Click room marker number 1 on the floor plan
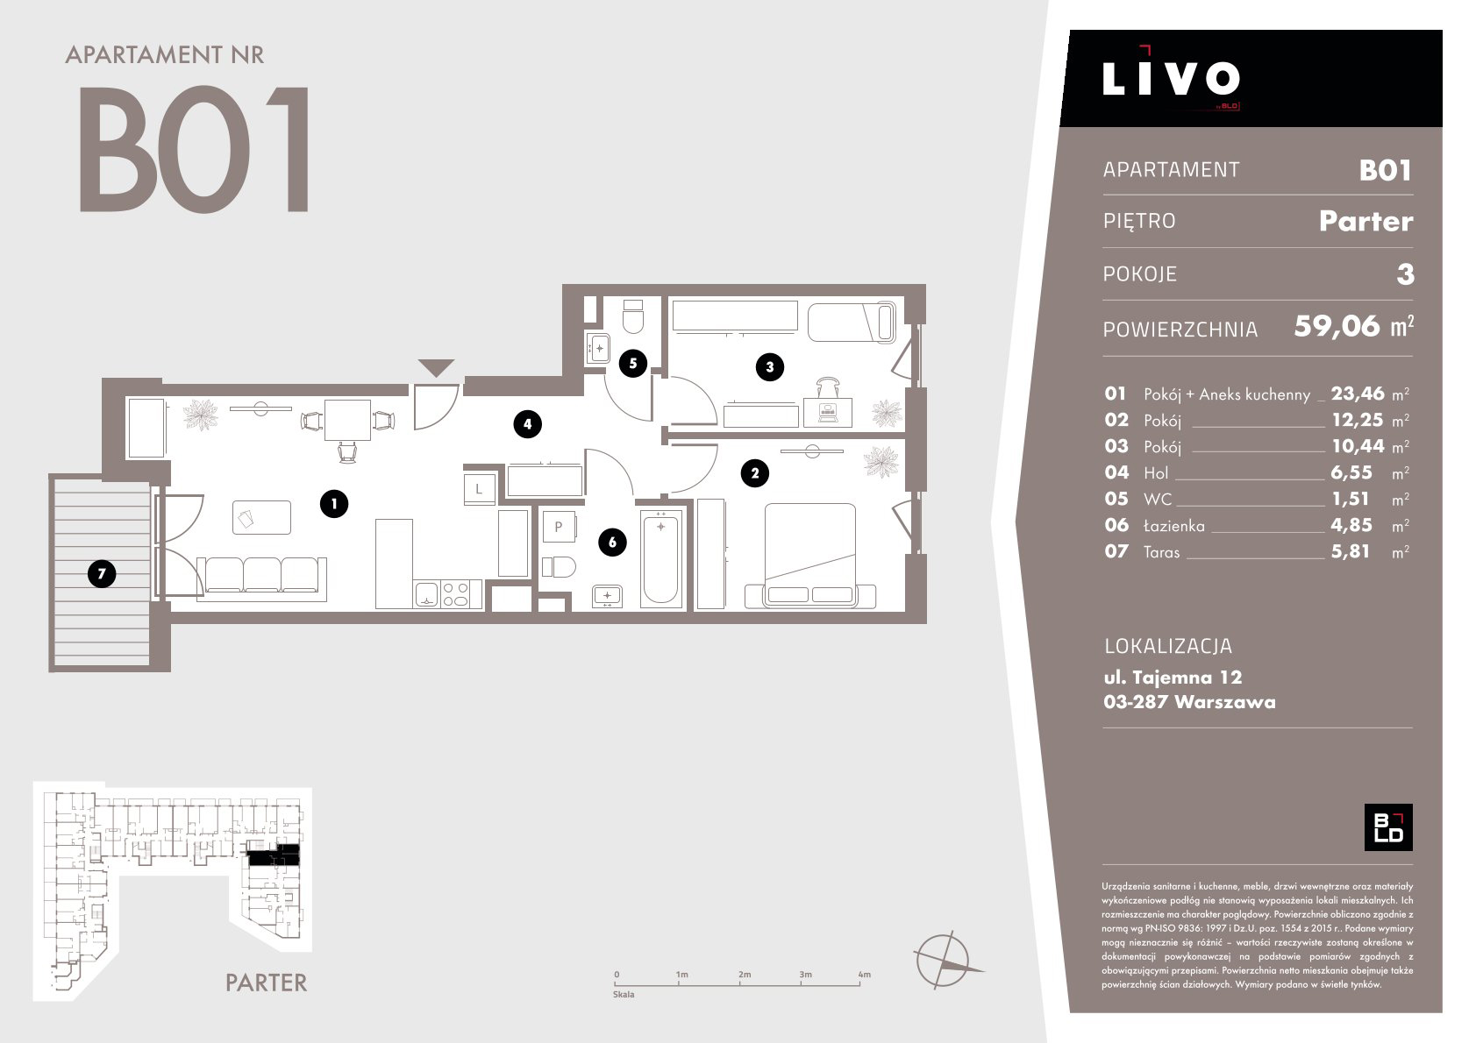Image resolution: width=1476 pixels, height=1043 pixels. (334, 504)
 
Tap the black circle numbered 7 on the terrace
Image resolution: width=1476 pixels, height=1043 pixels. (102, 574)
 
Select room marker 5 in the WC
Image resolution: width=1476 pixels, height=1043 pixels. (632, 364)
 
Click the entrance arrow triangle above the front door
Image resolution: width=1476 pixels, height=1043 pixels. (436, 366)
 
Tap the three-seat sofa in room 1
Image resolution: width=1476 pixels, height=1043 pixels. (262, 578)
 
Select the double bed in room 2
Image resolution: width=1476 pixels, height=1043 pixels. (810, 555)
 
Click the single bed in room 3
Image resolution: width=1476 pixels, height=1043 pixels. (852, 322)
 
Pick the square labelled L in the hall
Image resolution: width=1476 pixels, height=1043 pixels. (479, 489)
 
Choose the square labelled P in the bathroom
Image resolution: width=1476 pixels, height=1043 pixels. (559, 527)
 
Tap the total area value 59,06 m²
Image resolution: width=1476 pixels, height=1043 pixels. (1353, 327)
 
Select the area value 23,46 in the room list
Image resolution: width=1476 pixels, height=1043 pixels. (1358, 394)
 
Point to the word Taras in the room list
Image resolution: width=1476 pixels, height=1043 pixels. (1162, 552)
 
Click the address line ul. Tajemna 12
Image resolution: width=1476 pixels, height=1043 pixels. (1173, 678)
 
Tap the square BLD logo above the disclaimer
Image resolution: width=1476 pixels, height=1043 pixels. (1388, 827)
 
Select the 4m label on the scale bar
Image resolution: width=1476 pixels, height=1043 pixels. (864, 975)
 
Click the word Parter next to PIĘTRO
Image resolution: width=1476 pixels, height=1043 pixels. (1366, 221)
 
